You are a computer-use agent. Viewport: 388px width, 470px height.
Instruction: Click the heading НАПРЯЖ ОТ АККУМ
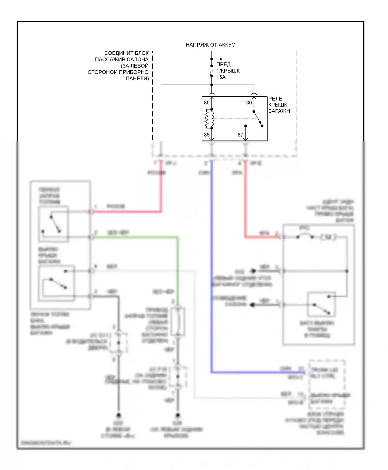tap(210, 45)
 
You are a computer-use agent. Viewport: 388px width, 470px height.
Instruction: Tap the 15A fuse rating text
tap(221, 77)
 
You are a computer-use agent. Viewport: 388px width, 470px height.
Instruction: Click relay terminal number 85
tap(207, 103)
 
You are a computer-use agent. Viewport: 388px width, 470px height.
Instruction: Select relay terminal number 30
tap(249, 103)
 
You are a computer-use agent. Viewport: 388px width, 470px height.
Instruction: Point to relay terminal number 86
tap(207, 135)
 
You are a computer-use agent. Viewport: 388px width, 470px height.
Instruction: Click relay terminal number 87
tap(240, 135)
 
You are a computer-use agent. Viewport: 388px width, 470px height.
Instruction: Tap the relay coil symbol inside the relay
tap(209, 119)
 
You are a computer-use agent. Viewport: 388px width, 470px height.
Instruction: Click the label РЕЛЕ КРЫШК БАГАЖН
tap(279, 105)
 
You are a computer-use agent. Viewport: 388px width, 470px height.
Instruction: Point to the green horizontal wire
tap(135, 237)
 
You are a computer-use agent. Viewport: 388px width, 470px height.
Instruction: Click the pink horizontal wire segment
tap(127, 212)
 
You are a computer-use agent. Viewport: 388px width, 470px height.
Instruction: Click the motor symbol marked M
tap(328, 237)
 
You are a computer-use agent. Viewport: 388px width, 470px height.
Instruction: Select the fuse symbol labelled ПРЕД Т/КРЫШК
tap(212, 71)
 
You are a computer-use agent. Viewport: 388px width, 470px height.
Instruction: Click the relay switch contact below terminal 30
tap(258, 119)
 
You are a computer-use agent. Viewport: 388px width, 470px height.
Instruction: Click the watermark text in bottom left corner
tap(46, 443)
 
